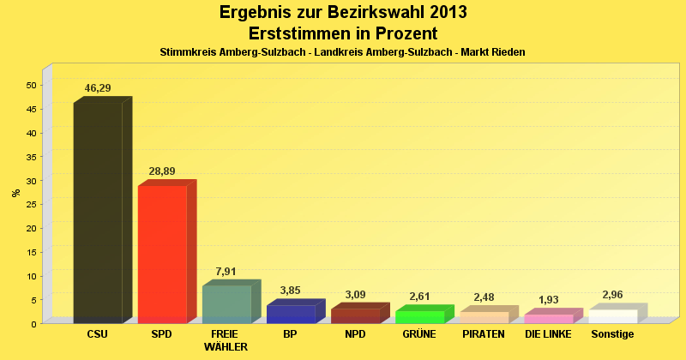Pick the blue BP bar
pyautogui.click(x=291, y=314)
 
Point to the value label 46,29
pyautogui.click(x=98, y=88)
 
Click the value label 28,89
pyautogui.click(x=162, y=171)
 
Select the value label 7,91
pyautogui.click(x=226, y=272)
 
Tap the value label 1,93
pyautogui.click(x=549, y=300)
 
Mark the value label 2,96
pyautogui.click(x=613, y=295)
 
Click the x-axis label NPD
pyautogui.click(x=354, y=333)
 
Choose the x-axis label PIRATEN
pyautogui.click(x=484, y=333)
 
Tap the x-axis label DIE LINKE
pyautogui.click(x=548, y=333)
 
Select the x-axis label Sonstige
pyautogui.click(x=612, y=333)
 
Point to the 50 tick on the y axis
pyautogui.click(x=31, y=85)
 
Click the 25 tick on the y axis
pyautogui.click(x=31, y=204)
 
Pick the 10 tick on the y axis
pyautogui.click(x=31, y=276)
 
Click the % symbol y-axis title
pyautogui.click(x=16, y=192)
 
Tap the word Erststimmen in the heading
pyautogui.click(x=298, y=33)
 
